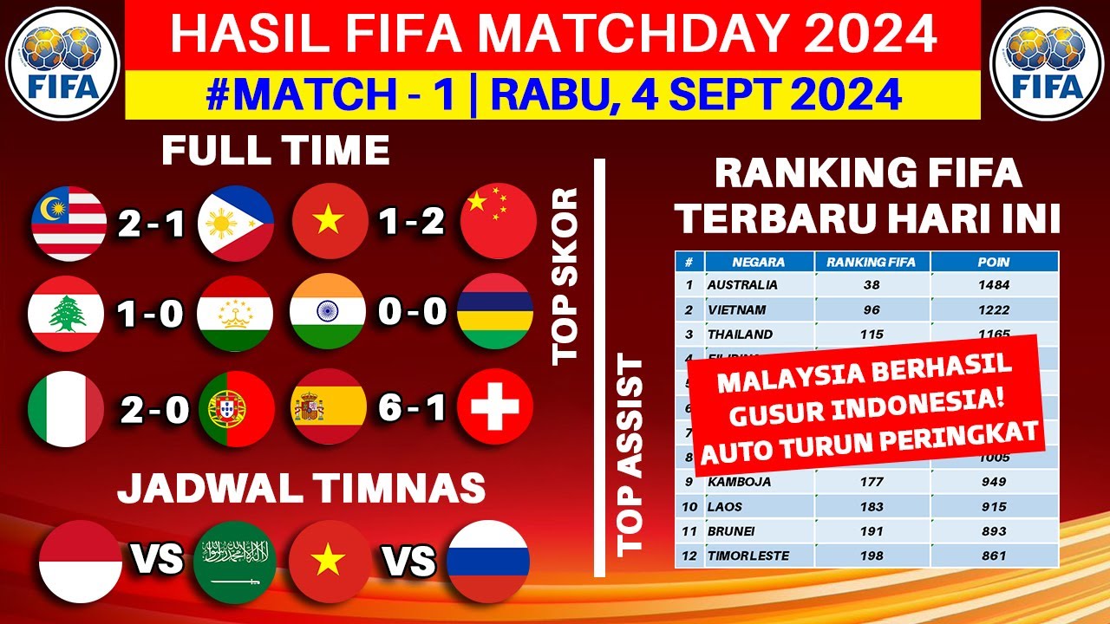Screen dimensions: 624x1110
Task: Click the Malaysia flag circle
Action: click(x=69, y=224)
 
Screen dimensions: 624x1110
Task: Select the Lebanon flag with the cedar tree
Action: click(x=66, y=312)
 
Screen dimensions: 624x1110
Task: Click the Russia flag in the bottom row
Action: click(x=488, y=559)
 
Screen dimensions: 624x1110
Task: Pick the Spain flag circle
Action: click(x=330, y=407)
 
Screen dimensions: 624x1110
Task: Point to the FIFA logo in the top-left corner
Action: click(x=62, y=62)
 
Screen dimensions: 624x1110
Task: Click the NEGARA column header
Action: click(x=758, y=262)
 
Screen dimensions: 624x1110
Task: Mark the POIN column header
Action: click(x=994, y=262)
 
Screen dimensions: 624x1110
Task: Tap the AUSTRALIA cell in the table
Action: click(x=742, y=284)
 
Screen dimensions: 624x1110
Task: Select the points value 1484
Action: click(x=994, y=284)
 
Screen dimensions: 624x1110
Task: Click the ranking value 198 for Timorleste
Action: click(x=872, y=556)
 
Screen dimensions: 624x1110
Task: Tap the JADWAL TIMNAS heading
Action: click(x=301, y=488)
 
